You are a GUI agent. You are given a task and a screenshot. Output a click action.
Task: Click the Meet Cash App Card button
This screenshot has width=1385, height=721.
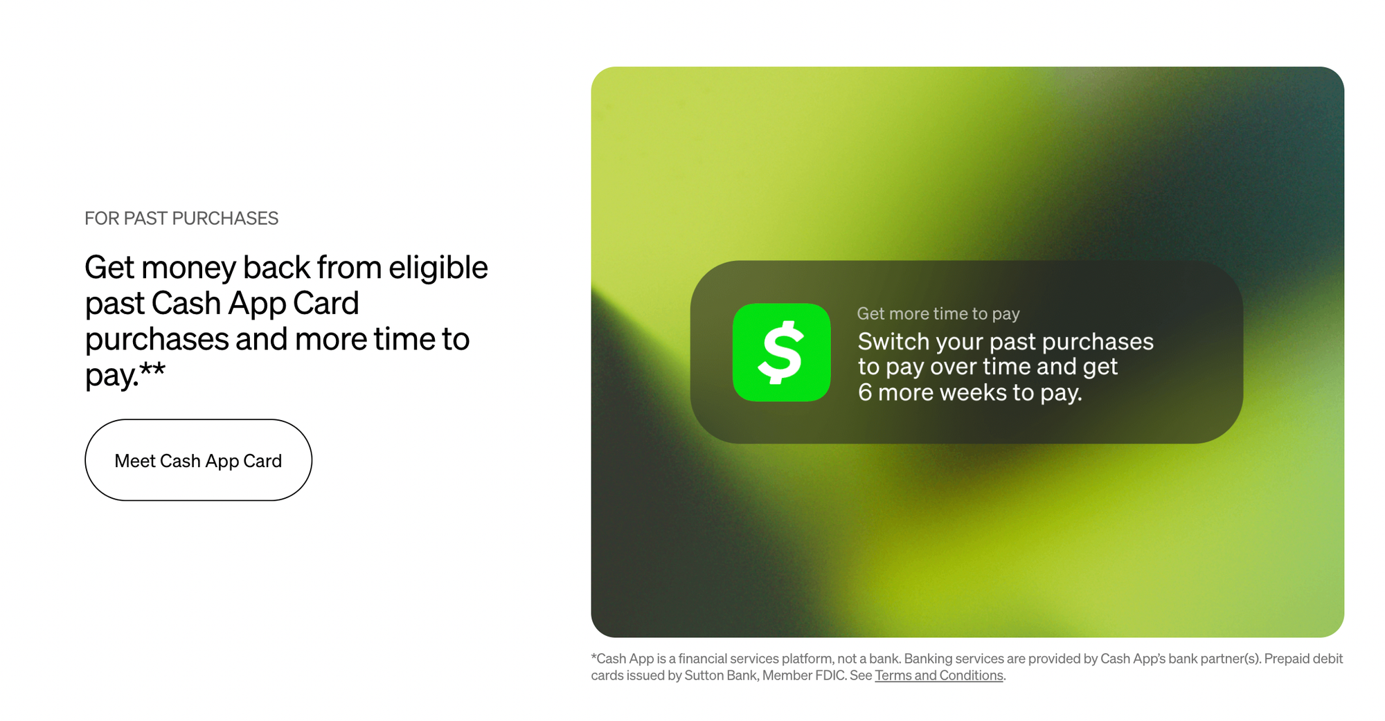coord(198,460)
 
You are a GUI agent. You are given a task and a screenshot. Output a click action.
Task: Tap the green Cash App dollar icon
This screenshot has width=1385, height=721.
coord(781,352)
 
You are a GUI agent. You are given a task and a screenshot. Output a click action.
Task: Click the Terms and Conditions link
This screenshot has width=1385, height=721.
coord(939,675)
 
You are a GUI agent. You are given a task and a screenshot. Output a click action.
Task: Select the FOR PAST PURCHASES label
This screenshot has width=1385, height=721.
coord(181,219)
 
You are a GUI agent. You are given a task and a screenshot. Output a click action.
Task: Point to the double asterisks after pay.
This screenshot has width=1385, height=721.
coord(152,369)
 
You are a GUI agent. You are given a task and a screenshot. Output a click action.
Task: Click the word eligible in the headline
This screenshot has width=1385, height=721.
coord(438,268)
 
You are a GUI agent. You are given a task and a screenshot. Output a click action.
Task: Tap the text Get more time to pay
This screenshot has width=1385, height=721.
coord(938,313)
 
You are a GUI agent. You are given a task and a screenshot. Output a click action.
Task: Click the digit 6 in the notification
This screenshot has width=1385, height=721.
coord(865,392)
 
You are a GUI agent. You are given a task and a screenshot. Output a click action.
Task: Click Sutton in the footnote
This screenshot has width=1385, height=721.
coord(704,675)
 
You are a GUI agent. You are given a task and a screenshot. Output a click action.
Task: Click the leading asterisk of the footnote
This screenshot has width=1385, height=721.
coord(593,656)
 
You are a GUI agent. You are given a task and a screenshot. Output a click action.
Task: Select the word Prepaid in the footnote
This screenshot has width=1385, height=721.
coord(1287,659)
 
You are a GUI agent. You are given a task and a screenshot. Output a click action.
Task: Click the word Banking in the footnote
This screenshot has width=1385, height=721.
coord(927,659)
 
